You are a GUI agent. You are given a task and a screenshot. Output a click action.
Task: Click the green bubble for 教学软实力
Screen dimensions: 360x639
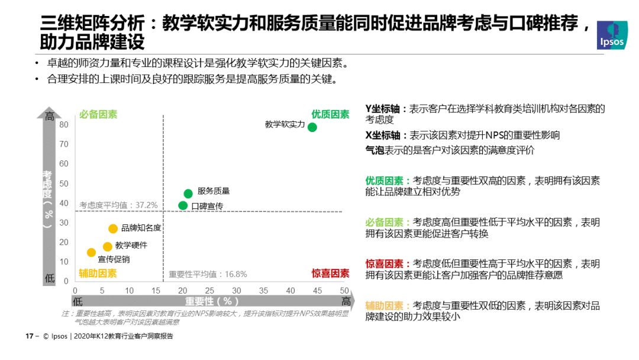312,127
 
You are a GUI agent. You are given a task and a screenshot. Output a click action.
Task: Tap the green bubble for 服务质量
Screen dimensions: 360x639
188,194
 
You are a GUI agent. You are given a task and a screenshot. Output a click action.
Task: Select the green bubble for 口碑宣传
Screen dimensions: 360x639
183,206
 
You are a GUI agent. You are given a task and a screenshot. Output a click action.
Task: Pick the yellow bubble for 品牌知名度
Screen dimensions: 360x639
113,229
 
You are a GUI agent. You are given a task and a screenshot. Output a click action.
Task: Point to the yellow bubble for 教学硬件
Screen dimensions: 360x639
107,247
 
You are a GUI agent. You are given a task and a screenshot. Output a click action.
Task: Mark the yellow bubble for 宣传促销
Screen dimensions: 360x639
91,253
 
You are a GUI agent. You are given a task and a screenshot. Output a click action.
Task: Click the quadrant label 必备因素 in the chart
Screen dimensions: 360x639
98,114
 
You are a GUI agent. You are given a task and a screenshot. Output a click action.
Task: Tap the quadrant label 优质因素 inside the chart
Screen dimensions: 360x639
331,114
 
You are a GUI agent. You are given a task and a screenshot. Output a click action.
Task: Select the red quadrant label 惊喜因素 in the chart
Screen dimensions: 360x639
331,273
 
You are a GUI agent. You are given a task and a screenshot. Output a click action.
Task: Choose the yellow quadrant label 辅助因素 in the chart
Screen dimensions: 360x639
98,273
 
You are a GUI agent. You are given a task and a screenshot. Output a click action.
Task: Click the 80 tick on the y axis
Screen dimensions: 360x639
64,124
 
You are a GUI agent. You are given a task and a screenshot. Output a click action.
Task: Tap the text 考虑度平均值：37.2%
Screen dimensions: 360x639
118,205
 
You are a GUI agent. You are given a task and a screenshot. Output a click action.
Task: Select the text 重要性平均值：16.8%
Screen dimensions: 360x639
208,274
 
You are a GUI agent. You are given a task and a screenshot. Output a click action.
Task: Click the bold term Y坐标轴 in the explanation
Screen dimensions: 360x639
383,109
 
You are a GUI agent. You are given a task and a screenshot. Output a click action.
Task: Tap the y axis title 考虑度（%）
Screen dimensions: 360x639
48,198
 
